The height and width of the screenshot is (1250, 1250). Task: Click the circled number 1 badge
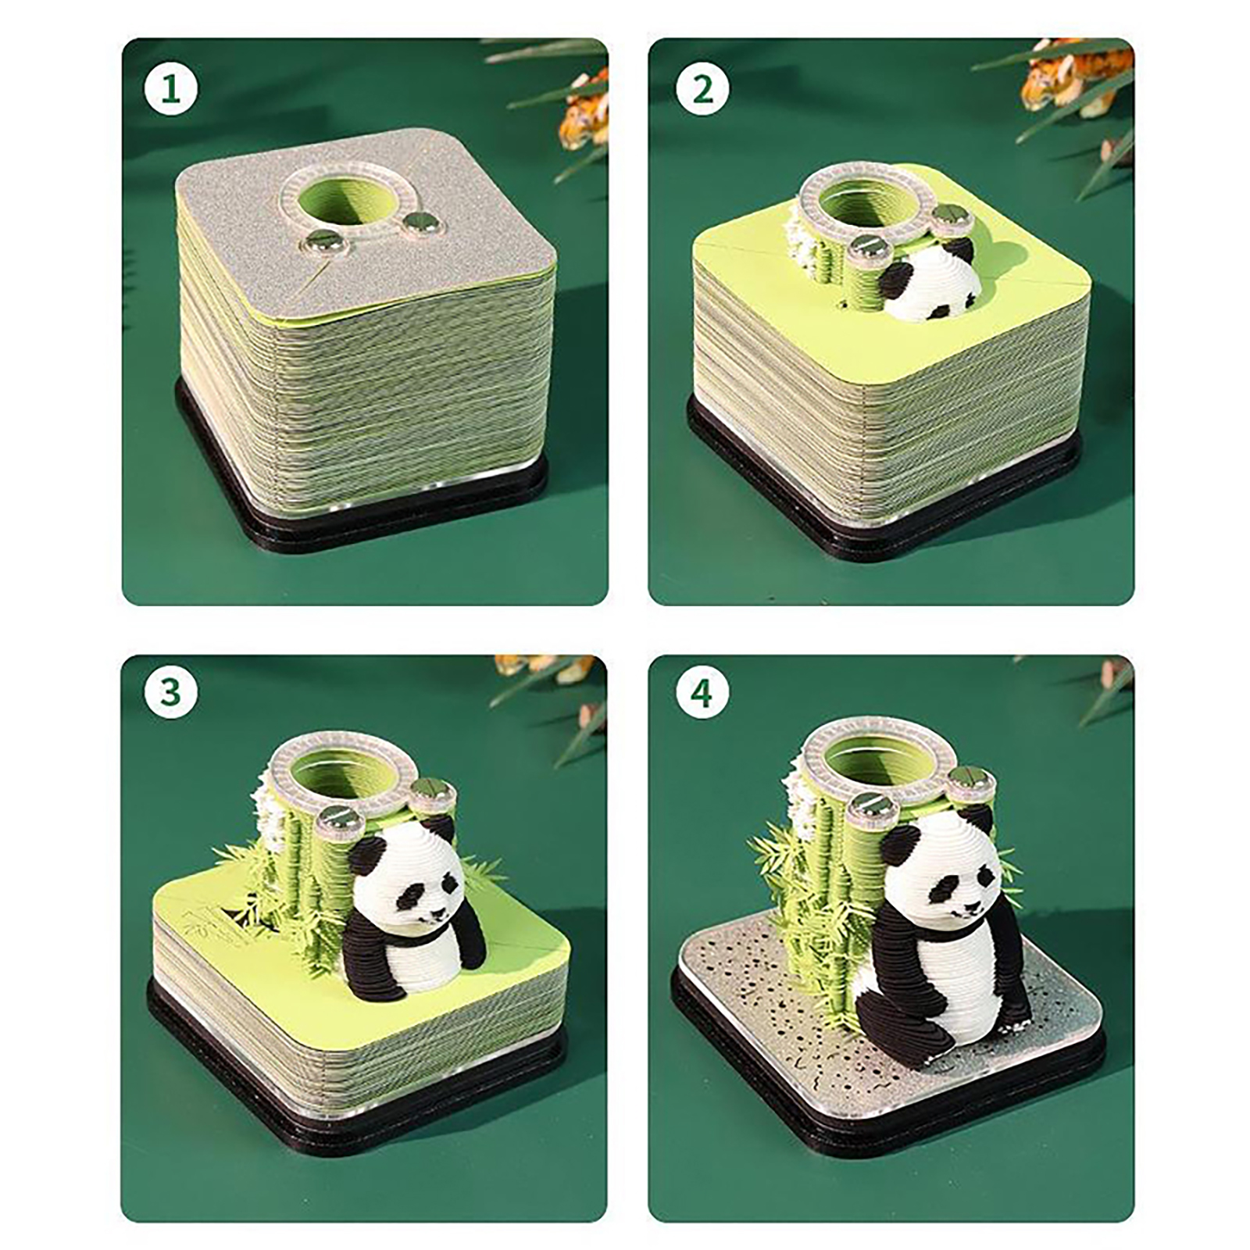point(170,90)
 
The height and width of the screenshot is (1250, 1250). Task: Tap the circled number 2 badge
point(702,90)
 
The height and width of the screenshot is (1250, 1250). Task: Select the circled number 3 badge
point(170,692)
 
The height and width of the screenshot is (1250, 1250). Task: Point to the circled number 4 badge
point(702,692)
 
